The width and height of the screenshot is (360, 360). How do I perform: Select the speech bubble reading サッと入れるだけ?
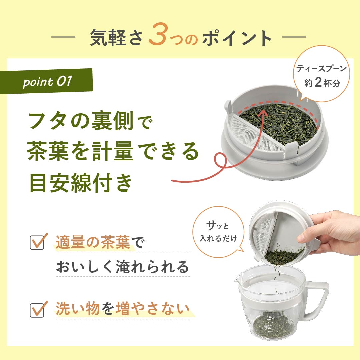click(218, 232)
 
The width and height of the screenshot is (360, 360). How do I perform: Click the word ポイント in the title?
click(237, 38)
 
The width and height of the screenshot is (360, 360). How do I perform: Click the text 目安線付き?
click(81, 183)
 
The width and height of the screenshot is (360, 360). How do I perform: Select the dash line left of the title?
click(63, 37)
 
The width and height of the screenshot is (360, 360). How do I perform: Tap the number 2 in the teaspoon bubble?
click(318, 82)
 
